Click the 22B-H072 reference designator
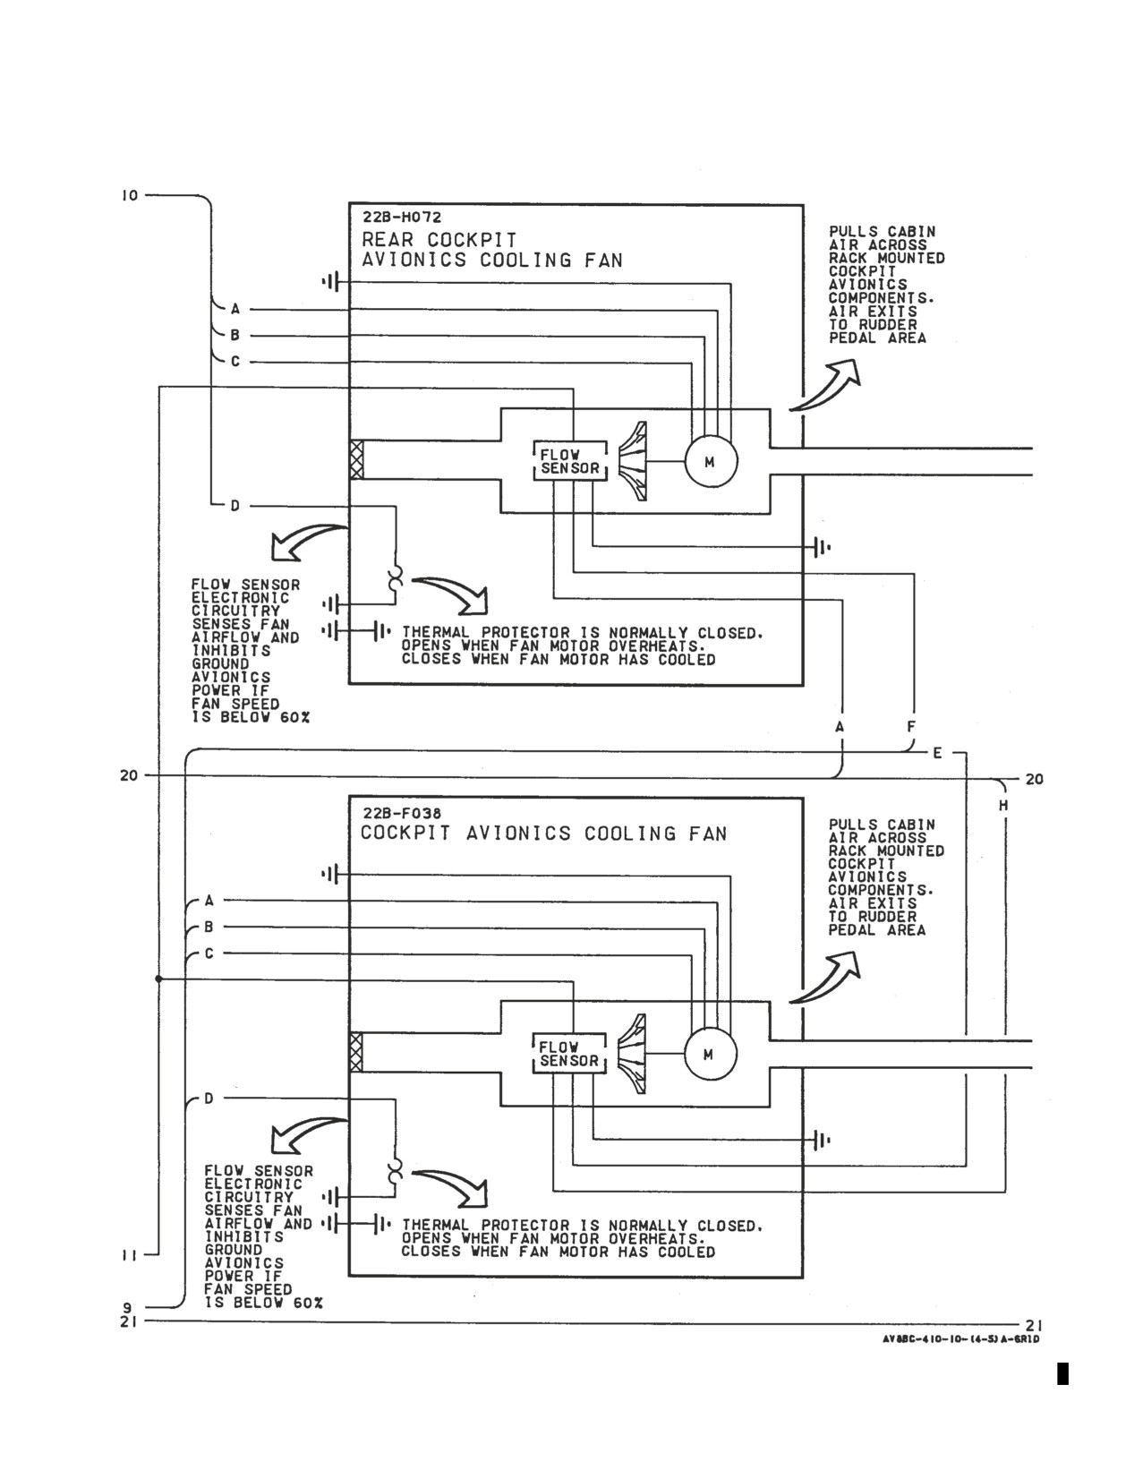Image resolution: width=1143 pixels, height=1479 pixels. (401, 218)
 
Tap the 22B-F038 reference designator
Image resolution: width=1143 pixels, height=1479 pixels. (401, 813)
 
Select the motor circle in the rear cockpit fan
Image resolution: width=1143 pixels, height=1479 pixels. (711, 462)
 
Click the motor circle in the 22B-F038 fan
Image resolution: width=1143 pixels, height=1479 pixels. (711, 1055)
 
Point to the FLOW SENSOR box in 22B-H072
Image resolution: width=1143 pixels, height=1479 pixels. (570, 461)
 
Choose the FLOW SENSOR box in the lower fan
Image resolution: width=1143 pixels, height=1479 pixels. (569, 1054)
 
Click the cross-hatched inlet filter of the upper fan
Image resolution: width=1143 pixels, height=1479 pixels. (356, 459)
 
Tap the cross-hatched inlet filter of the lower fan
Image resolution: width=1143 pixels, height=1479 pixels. (356, 1052)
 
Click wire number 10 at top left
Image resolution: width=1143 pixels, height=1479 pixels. (129, 196)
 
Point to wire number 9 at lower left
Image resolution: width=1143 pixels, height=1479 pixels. (127, 1308)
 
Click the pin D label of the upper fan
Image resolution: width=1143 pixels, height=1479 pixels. (235, 507)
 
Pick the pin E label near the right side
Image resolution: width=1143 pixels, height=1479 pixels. (937, 754)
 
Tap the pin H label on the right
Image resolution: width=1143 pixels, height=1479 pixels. (1003, 806)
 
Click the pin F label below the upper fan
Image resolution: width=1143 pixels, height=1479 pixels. (912, 727)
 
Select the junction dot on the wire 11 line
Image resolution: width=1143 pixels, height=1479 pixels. (158, 979)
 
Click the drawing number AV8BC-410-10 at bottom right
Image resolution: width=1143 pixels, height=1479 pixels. (960, 1339)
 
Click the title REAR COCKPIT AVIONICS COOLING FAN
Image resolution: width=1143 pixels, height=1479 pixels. (492, 250)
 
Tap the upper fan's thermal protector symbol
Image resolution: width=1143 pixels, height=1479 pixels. (394, 577)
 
